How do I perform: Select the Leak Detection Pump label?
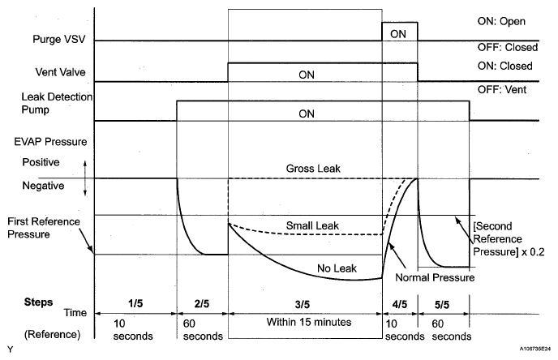(x=55, y=102)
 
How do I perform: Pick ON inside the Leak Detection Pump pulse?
(x=306, y=114)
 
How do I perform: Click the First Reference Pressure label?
(x=43, y=226)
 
